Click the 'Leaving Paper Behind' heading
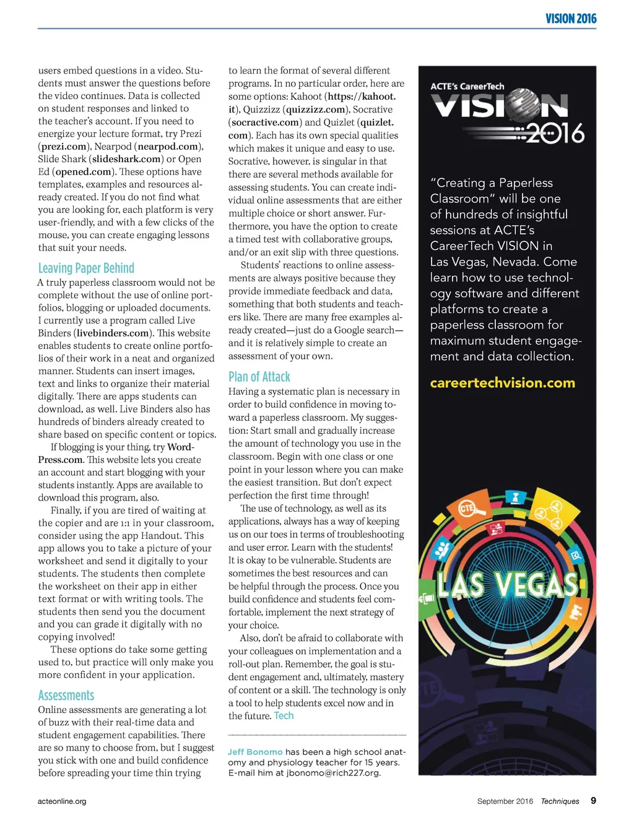(86, 268)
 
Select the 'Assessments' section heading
(66, 696)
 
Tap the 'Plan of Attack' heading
(259, 377)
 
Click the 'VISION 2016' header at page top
(571, 19)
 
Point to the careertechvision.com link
(502, 383)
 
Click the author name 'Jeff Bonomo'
(255, 752)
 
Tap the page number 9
(593, 800)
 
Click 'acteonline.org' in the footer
(62, 801)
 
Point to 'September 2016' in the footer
(505, 801)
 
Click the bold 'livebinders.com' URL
(113, 333)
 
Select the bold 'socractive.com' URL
(265, 123)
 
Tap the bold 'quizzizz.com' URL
(315, 110)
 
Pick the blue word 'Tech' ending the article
(284, 716)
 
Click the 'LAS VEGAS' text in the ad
(508, 584)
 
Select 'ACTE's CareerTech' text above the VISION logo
(467, 87)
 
